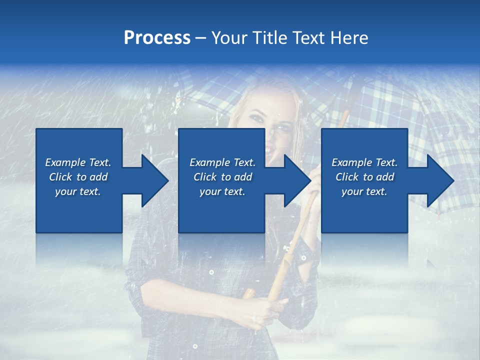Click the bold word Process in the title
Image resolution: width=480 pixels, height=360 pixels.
click(x=157, y=38)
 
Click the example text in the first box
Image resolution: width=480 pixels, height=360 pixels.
click(x=78, y=177)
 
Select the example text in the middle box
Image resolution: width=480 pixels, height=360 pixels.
click(x=222, y=177)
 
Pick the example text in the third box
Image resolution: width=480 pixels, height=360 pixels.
click(x=364, y=177)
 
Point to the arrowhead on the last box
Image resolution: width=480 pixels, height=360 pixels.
click(x=439, y=180)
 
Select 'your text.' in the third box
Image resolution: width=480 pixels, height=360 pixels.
click(x=364, y=191)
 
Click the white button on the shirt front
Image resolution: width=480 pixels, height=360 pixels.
click(x=211, y=272)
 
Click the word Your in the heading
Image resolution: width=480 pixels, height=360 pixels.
click(x=229, y=38)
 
